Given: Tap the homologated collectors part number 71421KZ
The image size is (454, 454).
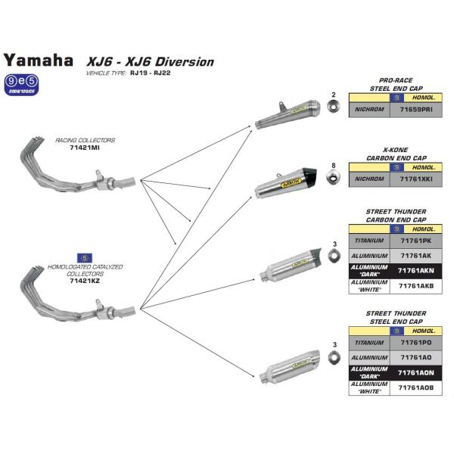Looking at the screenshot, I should [x=84, y=280].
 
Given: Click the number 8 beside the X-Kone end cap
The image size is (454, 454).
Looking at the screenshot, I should [x=333, y=165].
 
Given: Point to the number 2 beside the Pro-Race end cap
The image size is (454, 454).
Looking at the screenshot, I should [x=333, y=95].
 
